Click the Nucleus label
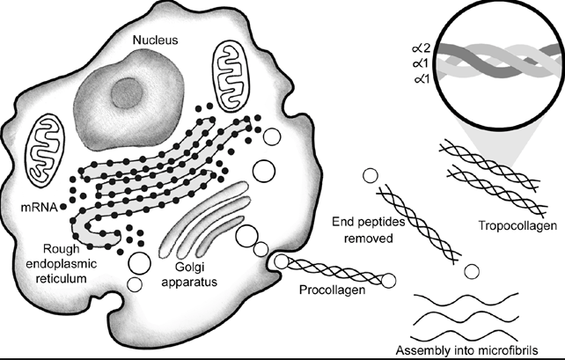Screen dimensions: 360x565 click(156, 40)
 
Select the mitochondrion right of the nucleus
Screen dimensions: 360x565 click(231, 78)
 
